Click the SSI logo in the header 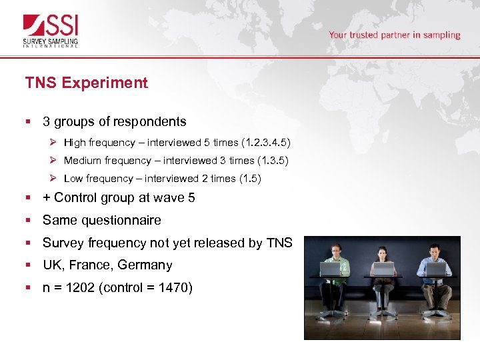pos(51,31)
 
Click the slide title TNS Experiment pos(87,83)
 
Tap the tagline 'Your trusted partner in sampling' pos(394,35)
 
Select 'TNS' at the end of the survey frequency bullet pos(279,243)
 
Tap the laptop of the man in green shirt pos(330,269)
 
